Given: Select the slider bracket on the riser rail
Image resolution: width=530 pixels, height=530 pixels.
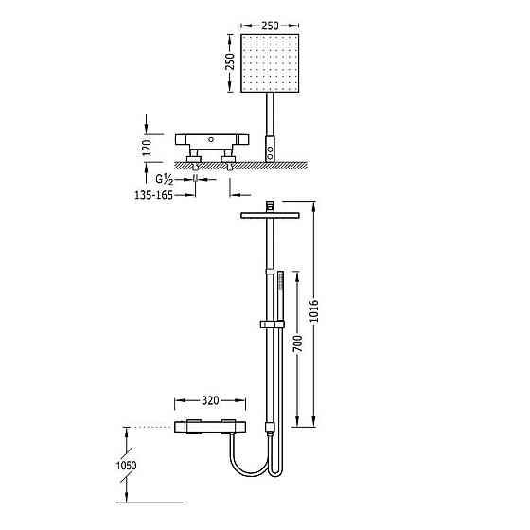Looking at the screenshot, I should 271,327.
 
